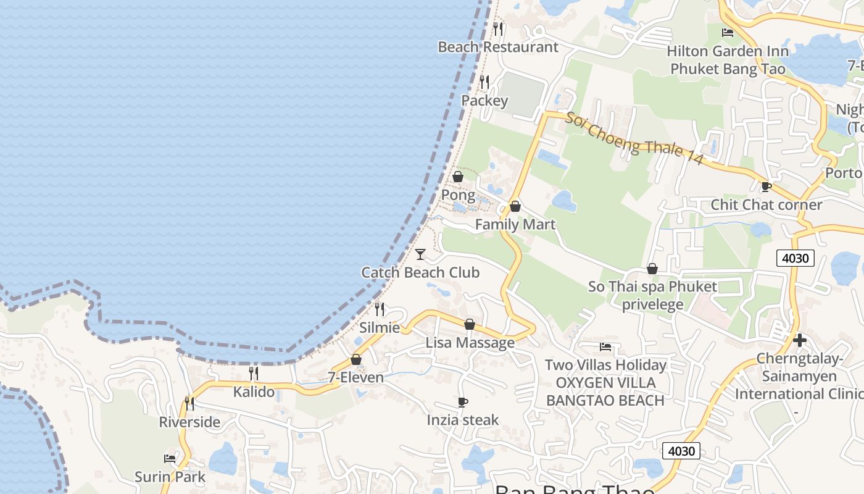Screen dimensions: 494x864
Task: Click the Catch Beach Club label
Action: tap(420, 272)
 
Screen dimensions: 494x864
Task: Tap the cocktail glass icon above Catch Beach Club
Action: tap(420, 254)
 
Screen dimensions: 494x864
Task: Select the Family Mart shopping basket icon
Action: tap(515, 206)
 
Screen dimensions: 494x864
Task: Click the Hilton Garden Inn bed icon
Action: tap(728, 33)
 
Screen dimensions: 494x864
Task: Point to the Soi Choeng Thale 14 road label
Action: tap(634, 138)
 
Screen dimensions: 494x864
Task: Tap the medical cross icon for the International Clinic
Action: tap(800, 340)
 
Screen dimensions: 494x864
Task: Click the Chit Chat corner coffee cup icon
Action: tap(766, 186)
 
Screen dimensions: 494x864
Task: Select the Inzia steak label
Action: tap(463, 420)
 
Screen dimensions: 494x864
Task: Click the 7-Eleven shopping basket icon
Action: tap(356, 359)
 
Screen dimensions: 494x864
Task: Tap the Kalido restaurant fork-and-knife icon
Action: tap(254, 374)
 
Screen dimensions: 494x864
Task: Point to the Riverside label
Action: tap(189, 422)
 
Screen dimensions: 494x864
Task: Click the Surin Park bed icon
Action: tap(170, 459)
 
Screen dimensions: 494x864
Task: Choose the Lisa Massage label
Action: tap(470, 343)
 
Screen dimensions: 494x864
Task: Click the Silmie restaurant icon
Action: tap(380, 309)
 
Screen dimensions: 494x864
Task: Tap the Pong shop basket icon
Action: tap(458, 177)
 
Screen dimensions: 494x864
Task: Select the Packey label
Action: tap(485, 101)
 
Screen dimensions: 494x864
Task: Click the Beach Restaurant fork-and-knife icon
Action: tap(498, 28)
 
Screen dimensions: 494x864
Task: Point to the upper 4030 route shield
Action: tap(795, 257)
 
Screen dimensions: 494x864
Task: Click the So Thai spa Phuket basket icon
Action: tap(652, 269)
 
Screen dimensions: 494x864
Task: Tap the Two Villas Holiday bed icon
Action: tap(605, 347)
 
